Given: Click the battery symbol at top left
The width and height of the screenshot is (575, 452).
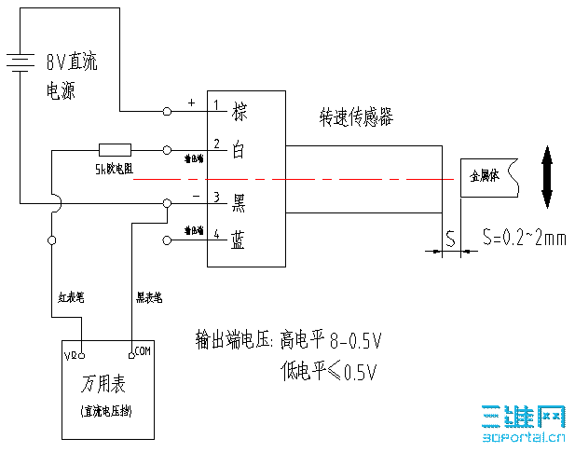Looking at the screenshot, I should click(x=18, y=62).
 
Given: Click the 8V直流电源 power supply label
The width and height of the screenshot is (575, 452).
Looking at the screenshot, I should click(x=71, y=76).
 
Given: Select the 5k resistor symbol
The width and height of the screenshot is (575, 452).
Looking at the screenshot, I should click(x=115, y=148).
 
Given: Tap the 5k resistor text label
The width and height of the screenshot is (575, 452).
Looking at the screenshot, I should click(x=114, y=170).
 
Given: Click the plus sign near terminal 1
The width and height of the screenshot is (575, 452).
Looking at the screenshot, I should click(x=192, y=103).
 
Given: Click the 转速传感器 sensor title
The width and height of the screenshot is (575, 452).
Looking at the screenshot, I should click(x=356, y=117).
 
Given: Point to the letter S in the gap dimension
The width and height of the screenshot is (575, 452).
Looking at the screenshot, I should click(x=449, y=239).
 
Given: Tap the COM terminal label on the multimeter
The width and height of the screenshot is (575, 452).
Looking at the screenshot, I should click(x=142, y=351).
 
